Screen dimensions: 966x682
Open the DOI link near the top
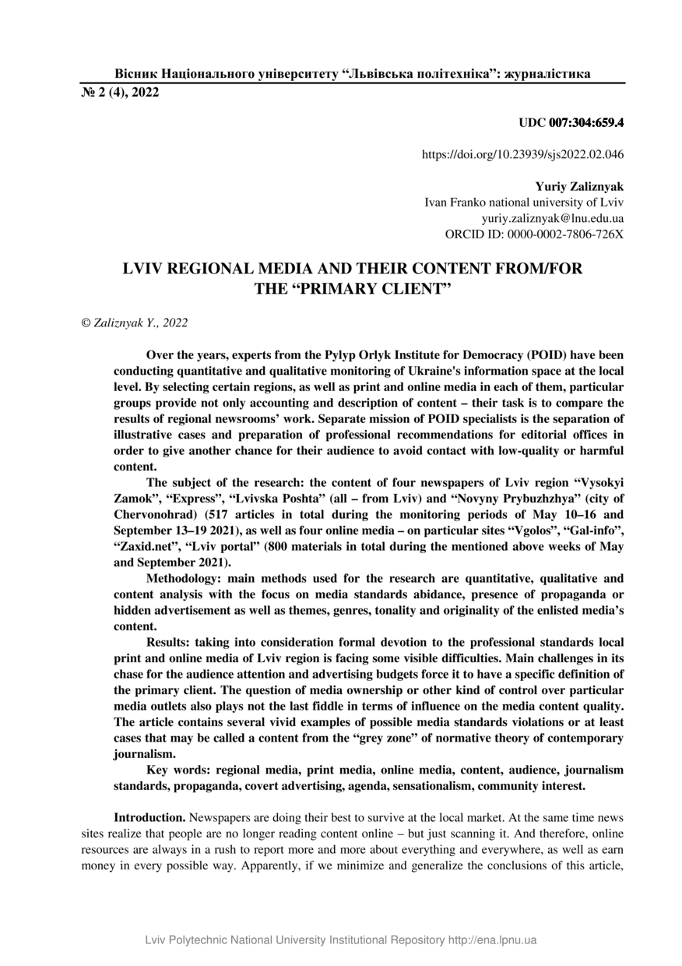click(522, 155)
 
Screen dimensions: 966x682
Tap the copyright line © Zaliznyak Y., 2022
click(134, 322)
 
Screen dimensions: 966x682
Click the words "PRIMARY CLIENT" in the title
click(357, 288)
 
